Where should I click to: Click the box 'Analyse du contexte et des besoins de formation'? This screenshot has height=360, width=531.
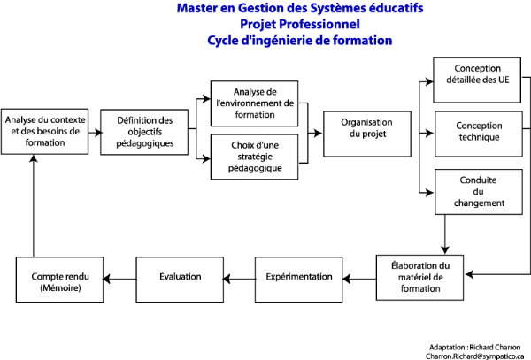click(44, 130)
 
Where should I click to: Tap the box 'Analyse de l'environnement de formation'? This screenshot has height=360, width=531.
click(256, 103)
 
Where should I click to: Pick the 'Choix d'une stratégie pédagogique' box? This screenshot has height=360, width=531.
click(256, 157)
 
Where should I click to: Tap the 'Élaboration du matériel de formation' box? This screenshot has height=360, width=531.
click(419, 278)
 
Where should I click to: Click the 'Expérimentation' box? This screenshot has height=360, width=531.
click(299, 278)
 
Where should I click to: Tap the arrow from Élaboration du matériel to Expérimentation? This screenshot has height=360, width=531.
click(359, 279)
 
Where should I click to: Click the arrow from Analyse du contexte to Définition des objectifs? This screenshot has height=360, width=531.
click(95, 130)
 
